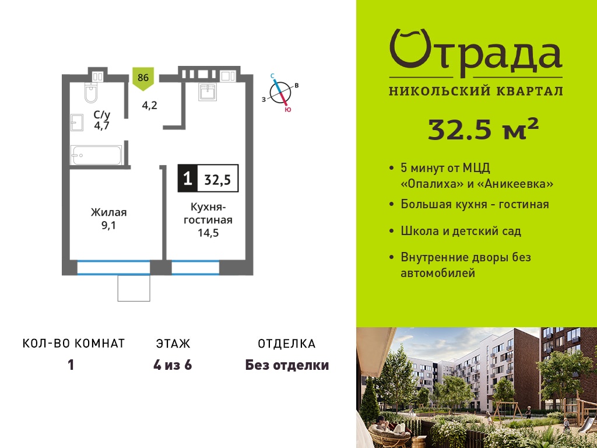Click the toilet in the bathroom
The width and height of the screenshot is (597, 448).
click(90, 93)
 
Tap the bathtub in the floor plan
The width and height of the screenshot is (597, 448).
click(97, 155)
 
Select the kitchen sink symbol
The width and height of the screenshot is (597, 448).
click(207, 92)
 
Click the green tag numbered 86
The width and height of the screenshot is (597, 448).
click(143, 79)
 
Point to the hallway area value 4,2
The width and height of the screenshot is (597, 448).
click(150, 104)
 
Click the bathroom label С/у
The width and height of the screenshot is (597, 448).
click(102, 114)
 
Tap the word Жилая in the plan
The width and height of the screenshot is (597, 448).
click(108, 212)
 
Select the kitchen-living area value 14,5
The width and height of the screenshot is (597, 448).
click(208, 232)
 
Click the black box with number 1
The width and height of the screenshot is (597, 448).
click(188, 178)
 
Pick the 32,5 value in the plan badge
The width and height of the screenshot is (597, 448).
click(218, 179)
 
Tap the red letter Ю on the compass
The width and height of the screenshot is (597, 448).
click(288, 110)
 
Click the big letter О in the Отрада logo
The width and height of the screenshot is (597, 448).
click(409, 50)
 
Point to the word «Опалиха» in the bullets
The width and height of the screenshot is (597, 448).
click(432, 184)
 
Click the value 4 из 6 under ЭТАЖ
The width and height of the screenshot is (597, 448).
click(173, 365)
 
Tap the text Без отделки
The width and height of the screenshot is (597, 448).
click(287, 365)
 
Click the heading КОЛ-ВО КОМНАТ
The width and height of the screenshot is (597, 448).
click(74, 344)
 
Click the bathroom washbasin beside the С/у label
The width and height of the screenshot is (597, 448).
click(76, 123)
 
